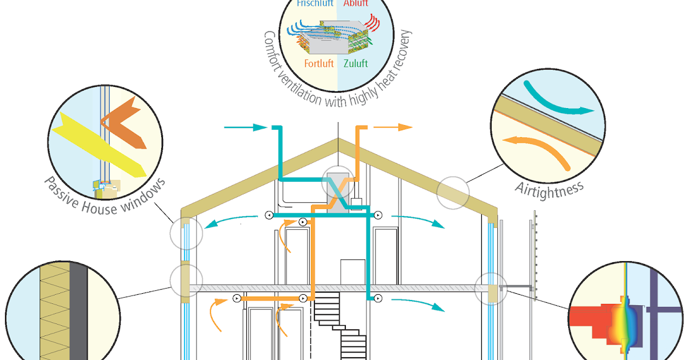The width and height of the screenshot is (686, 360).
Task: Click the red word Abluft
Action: click(356, 3)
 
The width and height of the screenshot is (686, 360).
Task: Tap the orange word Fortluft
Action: click(318, 63)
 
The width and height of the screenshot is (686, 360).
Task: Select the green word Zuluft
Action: click(356, 63)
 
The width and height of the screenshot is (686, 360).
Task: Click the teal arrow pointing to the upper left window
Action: click(229, 222)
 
